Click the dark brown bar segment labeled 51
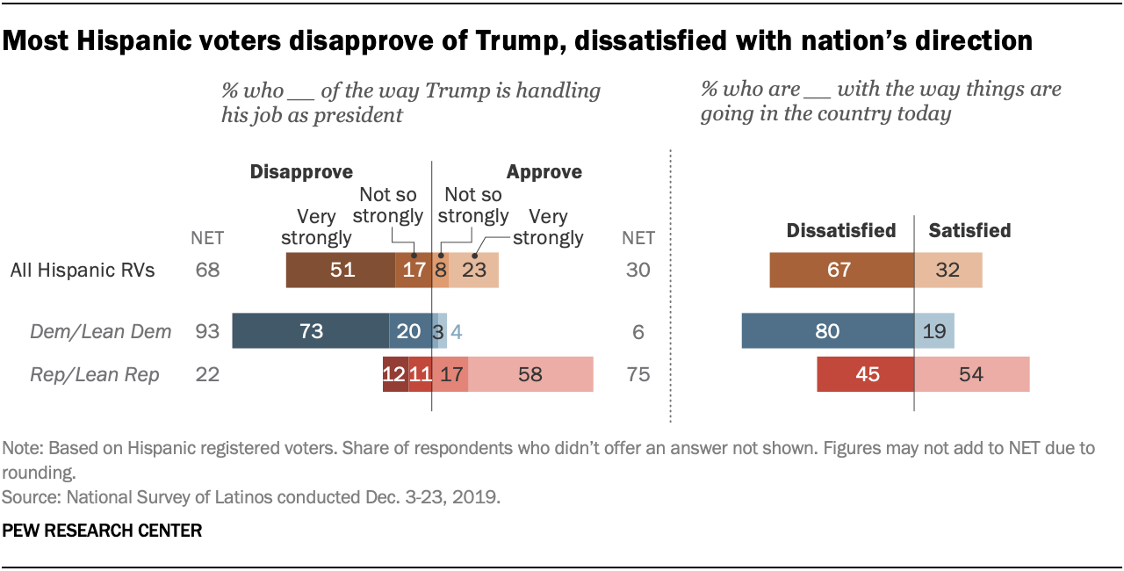point(341,270)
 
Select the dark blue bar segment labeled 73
point(310,331)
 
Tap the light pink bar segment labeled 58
point(530,374)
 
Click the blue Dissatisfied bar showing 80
point(827,331)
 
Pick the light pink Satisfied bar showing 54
point(971,374)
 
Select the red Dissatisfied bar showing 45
point(865,374)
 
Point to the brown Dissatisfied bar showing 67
point(841,270)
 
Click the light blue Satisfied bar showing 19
point(934,331)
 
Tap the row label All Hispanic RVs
point(83,270)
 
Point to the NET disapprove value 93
point(207,331)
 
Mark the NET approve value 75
point(638,374)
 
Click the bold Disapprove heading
point(301,172)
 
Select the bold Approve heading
point(544,172)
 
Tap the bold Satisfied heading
point(969,230)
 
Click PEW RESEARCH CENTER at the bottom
point(103,531)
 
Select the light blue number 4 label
point(455,332)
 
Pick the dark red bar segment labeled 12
point(395,374)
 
